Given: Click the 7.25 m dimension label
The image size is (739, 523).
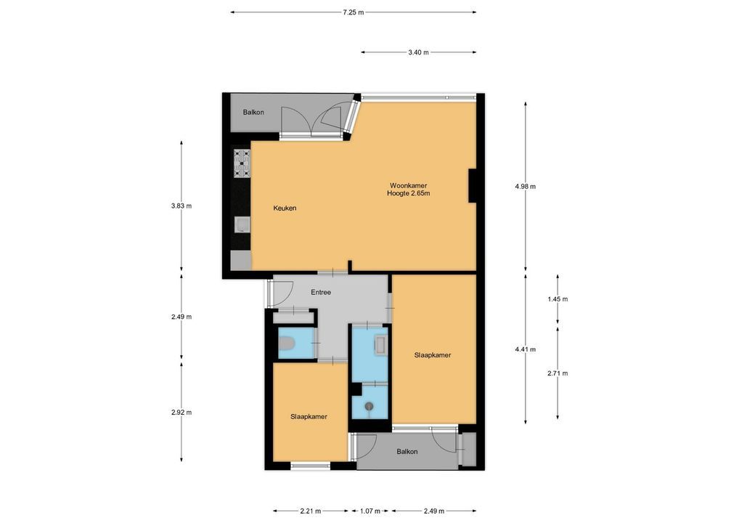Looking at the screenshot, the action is click(354, 12).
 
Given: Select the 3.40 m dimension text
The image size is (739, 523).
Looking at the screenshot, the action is click(419, 52).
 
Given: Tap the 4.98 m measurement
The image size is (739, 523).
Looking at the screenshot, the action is click(526, 186).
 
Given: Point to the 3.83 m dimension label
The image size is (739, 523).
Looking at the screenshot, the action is click(181, 206).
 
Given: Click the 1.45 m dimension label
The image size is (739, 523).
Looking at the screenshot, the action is click(558, 299).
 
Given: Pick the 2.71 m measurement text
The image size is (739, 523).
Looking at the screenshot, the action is click(558, 373).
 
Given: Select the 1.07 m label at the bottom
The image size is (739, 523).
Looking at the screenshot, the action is click(370, 511).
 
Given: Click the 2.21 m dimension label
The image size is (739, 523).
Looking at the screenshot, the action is click(311, 511).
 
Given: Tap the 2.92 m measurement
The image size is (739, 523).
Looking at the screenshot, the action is click(181, 412).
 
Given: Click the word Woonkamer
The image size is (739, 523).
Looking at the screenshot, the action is click(408, 186).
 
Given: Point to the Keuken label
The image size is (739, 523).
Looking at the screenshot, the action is click(285, 208).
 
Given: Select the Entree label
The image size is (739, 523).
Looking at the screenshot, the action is click(321, 293).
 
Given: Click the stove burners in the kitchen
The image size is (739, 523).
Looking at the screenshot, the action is click(242, 163).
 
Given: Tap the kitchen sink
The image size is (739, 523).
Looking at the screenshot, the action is click(242, 224).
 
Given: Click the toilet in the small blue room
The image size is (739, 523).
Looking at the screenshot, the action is click(287, 344).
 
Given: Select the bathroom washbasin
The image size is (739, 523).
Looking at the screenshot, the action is click(380, 345).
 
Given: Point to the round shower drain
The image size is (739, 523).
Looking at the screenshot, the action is click(369, 406).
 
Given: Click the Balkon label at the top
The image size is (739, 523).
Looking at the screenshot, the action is click(253, 113).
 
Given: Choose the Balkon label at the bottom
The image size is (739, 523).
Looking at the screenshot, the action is click(407, 452).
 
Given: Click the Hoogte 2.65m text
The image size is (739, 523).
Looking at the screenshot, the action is click(408, 193).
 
